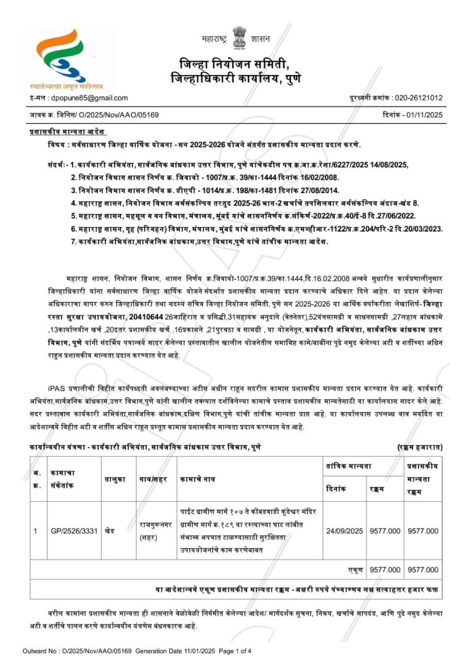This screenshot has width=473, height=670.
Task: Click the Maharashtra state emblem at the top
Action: point(238,36)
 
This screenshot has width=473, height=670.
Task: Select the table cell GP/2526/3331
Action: point(74,531)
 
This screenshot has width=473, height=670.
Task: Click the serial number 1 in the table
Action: point(36,531)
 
